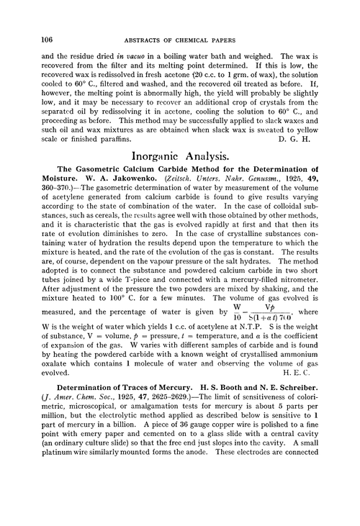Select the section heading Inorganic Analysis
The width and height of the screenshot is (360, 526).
pos(189,175)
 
